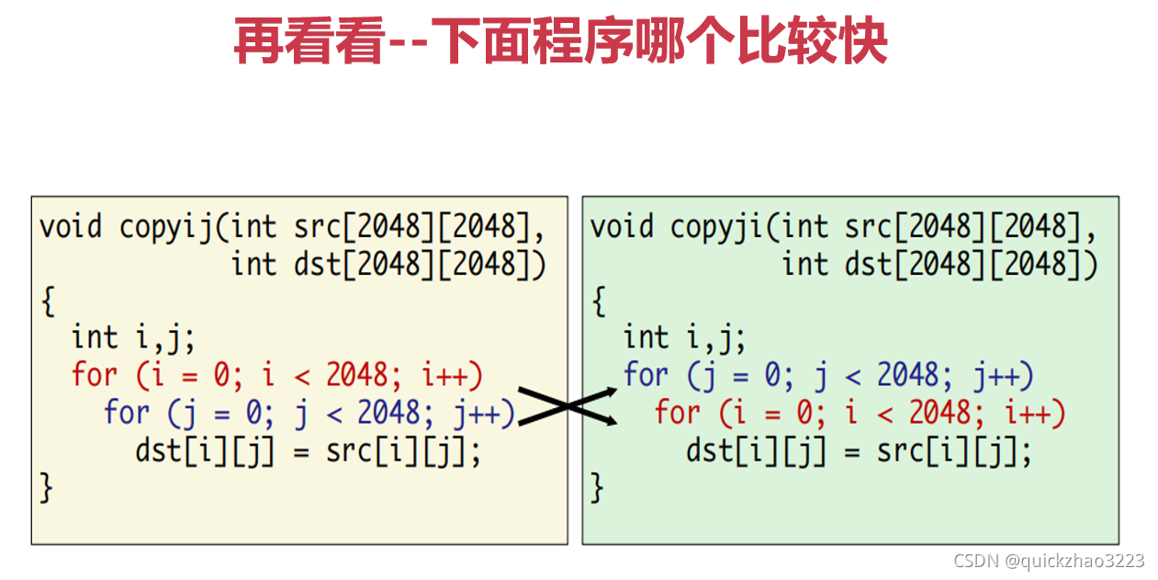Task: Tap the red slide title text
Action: tap(560, 42)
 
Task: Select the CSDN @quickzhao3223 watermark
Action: tap(1049, 561)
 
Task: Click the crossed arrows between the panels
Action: tap(568, 406)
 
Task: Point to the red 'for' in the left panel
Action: tap(95, 375)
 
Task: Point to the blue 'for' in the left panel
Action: tap(126, 413)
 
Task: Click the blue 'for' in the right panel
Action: tap(646, 375)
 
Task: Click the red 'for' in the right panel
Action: tap(677, 413)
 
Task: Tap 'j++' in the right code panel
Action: tap(1003, 375)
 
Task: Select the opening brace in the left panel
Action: tap(47, 301)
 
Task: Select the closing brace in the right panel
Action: tap(598, 487)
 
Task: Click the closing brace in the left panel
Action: tap(47, 487)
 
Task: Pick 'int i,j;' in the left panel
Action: tap(134, 338)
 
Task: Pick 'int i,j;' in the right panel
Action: tap(685, 338)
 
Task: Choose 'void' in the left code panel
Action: tap(70, 227)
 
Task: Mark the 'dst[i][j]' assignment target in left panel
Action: tap(205, 450)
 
